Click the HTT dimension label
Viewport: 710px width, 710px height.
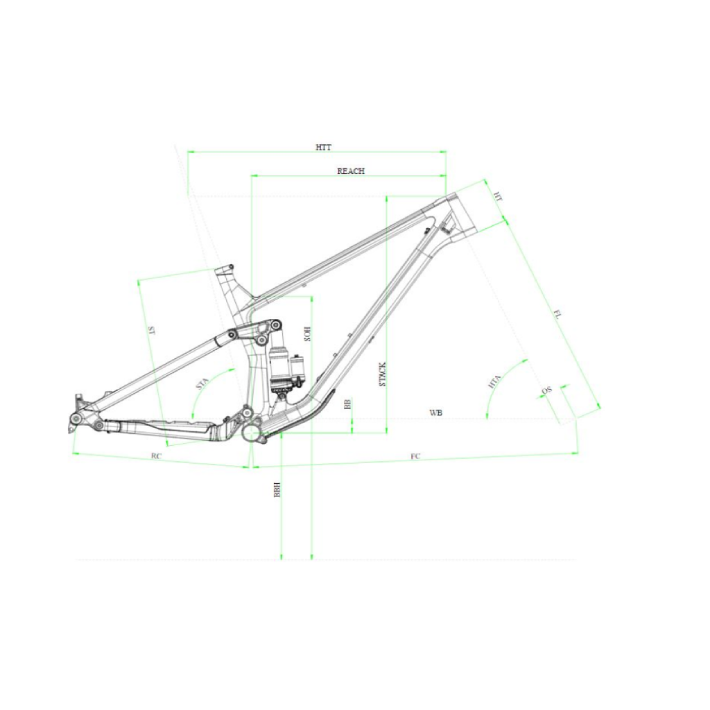tap(323, 147)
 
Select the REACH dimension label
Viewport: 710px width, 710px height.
tap(350, 171)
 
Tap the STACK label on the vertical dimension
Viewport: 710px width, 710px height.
tap(383, 374)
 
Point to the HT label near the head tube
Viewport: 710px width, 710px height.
tap(496, 197)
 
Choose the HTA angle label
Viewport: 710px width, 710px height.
tap(494, 382)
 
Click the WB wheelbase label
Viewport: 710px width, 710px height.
tap(435, 413)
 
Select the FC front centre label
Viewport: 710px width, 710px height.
tap(415, 456)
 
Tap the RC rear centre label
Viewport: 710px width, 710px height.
tap(157, 456)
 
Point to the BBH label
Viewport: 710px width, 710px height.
tap(277, 491)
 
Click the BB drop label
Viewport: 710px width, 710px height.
tap(348, 404)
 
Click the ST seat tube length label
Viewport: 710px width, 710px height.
tap(150, 331)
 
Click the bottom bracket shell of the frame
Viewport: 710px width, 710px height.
tap(250, 433)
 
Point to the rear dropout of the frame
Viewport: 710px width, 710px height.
tap(76, 416)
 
